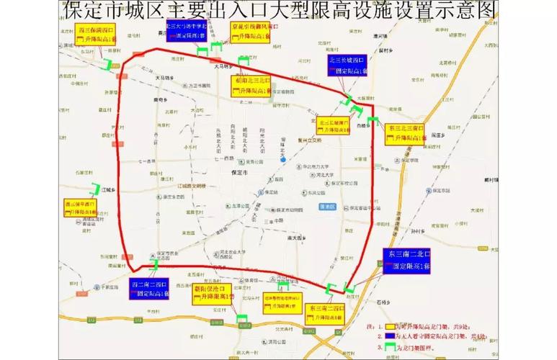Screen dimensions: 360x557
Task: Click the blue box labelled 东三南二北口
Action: click(408, 260)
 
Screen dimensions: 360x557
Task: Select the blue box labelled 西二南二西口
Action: click(149, 288)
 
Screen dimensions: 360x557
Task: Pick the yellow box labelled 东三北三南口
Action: click(406, 133)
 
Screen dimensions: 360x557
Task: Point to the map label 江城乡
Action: click(109, 191)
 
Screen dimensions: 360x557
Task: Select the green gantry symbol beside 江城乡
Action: click(94, 189)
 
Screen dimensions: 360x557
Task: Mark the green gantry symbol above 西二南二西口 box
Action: click(156, 265)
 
